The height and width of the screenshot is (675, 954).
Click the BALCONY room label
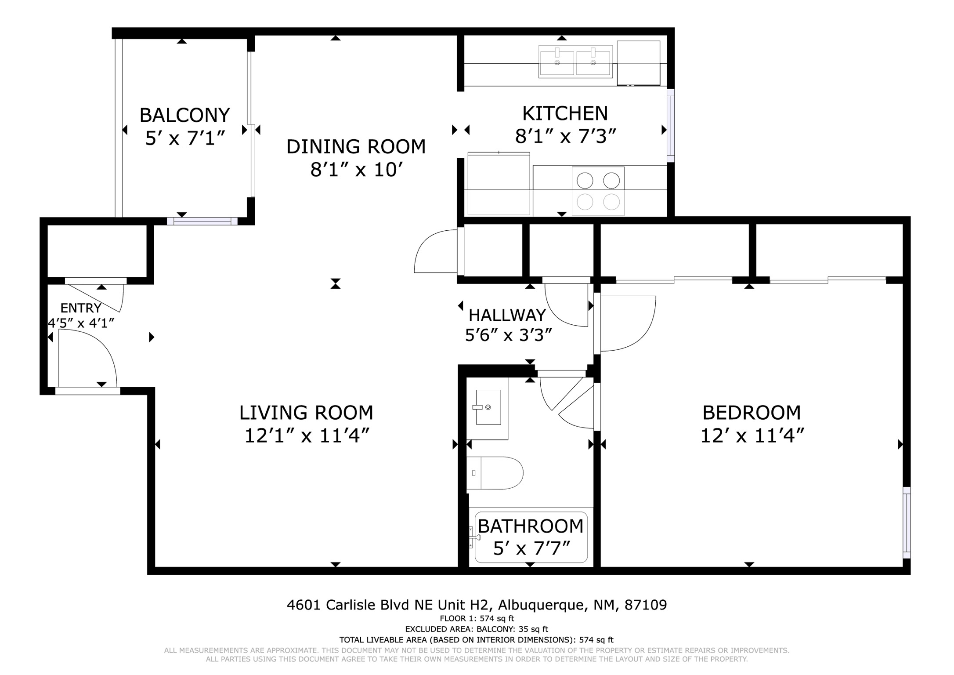184,115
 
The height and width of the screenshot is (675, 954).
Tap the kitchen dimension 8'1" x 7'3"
565,136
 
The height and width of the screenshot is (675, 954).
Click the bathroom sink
488,407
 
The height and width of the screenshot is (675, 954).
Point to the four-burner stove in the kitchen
598,191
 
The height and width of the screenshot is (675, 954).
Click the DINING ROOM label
356,146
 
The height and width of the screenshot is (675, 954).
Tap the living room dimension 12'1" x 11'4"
307,436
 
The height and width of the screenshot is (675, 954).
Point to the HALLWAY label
507,315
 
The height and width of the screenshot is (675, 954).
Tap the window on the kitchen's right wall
671,125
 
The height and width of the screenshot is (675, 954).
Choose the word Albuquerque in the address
543,605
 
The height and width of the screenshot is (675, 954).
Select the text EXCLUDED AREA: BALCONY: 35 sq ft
477,629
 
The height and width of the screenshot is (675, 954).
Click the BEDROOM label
752,413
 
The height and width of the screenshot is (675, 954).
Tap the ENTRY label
81,308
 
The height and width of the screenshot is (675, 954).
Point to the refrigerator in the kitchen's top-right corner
638,63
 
